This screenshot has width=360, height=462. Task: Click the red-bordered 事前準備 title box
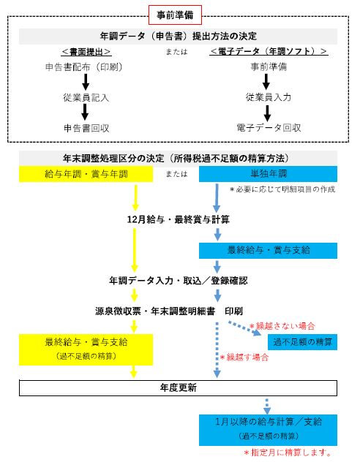(x=175, y=15)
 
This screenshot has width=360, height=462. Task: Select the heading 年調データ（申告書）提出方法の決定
(x=178, y=37)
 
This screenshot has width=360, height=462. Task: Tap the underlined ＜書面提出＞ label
(x=86, y=52)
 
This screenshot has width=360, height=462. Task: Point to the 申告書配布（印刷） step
(x=84, y=67)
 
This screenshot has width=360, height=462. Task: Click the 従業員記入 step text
(x=86, y=97)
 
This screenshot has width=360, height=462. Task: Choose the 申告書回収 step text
(x=86, y=128)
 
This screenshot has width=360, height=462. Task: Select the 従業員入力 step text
(x=269, y=97)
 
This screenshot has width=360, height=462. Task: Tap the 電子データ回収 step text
(x=269, y=128)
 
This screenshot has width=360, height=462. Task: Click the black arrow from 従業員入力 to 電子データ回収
(x=267, y=113)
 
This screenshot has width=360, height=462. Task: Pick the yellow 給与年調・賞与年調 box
(x=86, y=174)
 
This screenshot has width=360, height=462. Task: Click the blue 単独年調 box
(x=268, y=174)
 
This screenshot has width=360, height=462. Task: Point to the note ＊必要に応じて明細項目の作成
(x=282, y=189)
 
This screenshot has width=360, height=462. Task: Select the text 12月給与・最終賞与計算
(x=178, y=219)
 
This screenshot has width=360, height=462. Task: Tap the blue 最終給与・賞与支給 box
(x=268, y=251)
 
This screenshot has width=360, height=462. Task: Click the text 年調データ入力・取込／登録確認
(x=178, y=281)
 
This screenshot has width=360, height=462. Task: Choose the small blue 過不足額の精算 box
(x=302, y=342)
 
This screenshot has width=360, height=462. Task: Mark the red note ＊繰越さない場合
(x=282, y=326)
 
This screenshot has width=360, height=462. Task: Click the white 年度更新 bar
(x=178, y=388)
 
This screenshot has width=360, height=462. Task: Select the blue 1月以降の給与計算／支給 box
(x=268, y=430)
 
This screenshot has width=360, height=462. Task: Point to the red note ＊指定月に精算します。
(x=288, y=452)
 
